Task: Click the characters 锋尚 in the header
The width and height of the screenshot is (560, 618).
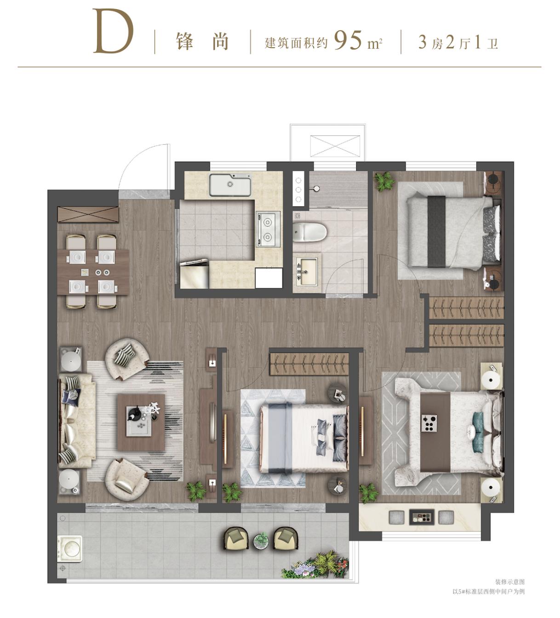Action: coord(202,41)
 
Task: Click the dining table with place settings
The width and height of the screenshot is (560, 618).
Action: coord(93,272)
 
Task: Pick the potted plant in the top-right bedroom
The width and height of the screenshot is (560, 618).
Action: coord(384,182)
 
